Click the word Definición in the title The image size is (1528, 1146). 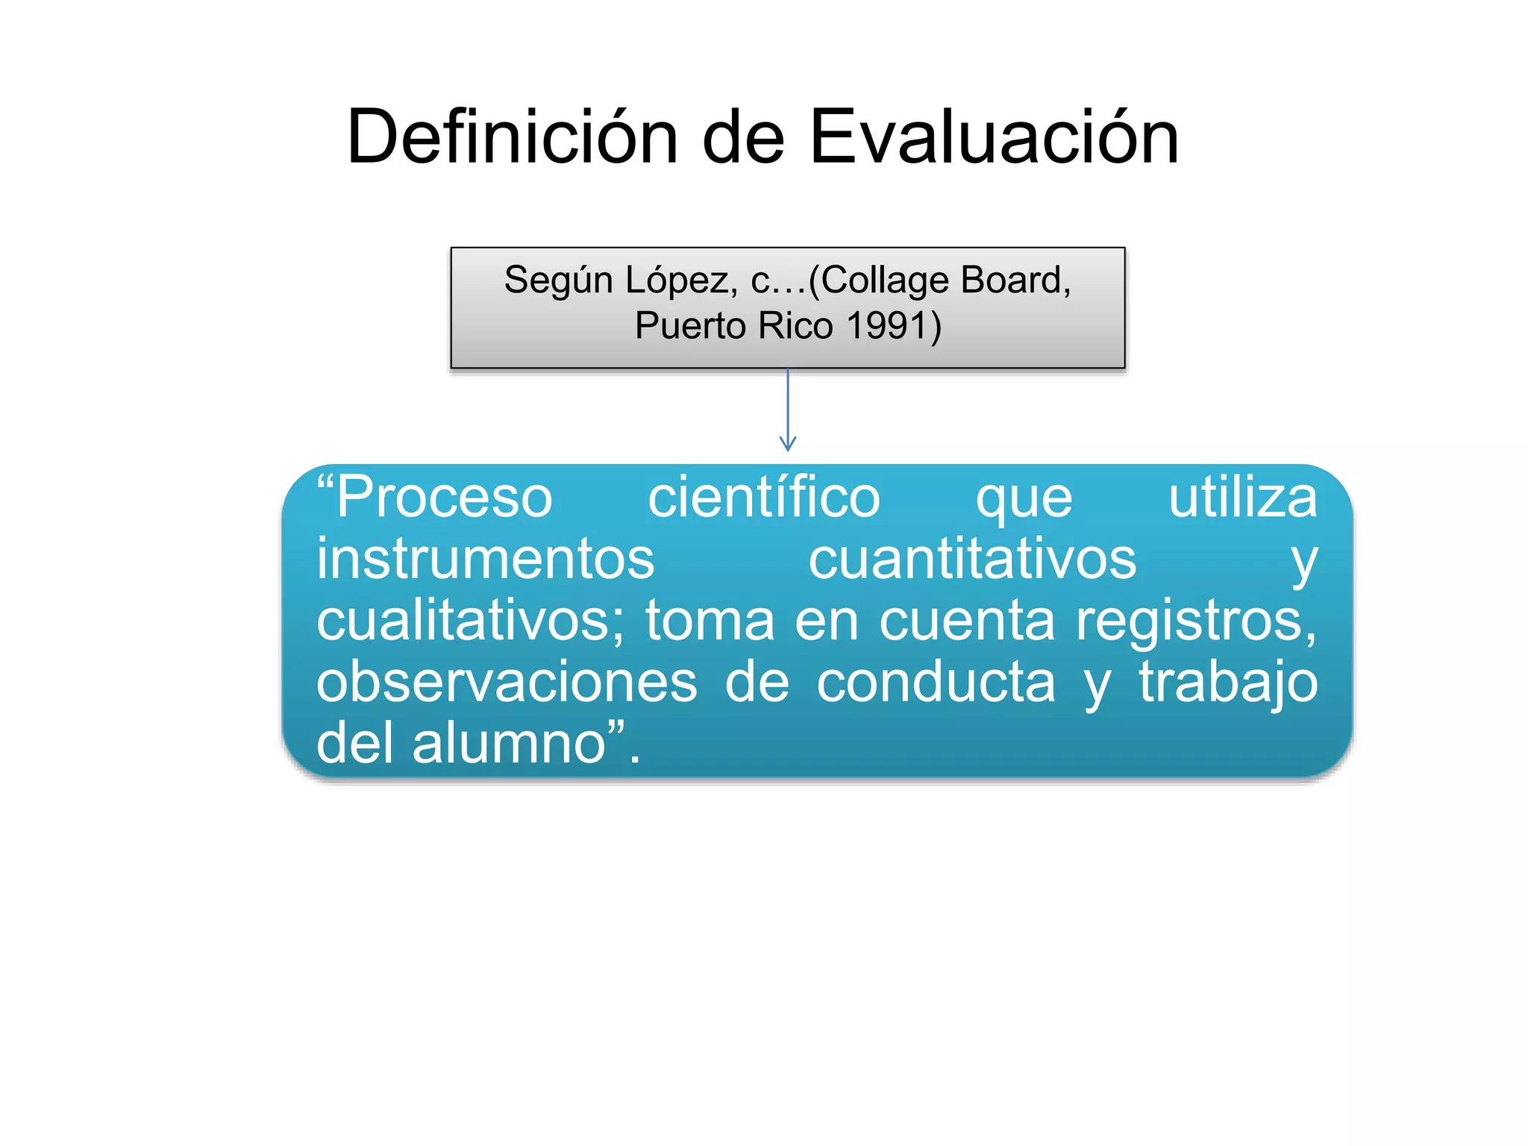(513, 137)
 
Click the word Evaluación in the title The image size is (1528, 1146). (994, 137)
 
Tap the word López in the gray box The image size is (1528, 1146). (681, 281)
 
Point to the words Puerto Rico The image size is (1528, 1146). (733, 326)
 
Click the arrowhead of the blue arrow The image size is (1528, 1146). (788, 445)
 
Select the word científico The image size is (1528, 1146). (763, 498)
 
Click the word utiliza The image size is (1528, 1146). (1242, 498)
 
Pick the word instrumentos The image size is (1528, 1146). (485, 559)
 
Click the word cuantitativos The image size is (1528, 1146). (972, 559)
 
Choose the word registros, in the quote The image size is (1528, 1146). (1196, 621)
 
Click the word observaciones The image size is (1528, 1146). (507, 682)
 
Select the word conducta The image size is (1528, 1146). (936, 682)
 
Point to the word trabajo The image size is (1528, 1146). (1228, 682)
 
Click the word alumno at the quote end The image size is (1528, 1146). (510, 743)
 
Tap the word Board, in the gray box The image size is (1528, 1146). (1015, 281)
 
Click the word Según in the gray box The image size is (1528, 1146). (558, 281)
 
